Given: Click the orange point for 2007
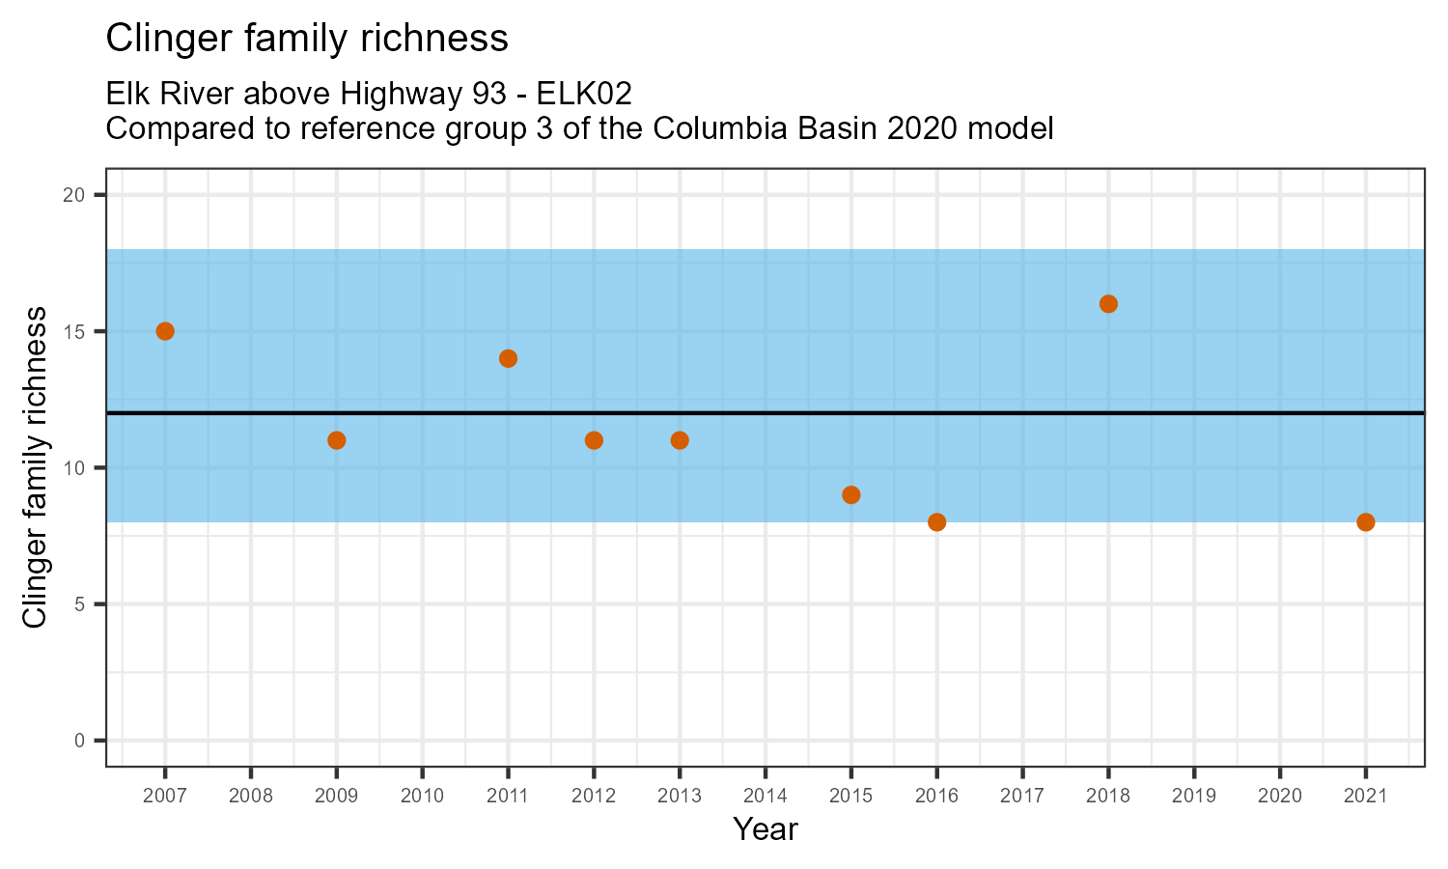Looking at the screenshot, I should click(x=165, y=331).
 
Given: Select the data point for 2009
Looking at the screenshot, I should click(x=336, y=440).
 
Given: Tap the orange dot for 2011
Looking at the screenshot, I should click(x=508, y=358).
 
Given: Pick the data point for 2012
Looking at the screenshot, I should click(x=594, y=440).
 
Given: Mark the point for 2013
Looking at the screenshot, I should click(x=680, y=440).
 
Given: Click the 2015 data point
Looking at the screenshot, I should click(x=850, y=495).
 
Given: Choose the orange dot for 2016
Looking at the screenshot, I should click(x=936, y=522).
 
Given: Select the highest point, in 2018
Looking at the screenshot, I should click(x=1108, y=304).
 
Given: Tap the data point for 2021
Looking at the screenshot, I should click(x=1365, y=522).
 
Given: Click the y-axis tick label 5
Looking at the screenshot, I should click(x=81, y=604).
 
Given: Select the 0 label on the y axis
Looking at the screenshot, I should click(x=81, y=741).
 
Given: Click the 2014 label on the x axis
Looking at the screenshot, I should click(x=765, y=797).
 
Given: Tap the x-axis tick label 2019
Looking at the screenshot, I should click(x=1193, y=797).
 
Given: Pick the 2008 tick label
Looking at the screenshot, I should click(x=250, y=797).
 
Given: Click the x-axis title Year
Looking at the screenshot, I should click(x=765, y=829).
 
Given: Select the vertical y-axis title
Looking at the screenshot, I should click(x=35, y=467).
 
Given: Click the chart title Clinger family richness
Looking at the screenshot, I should click(x=306, y=39).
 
